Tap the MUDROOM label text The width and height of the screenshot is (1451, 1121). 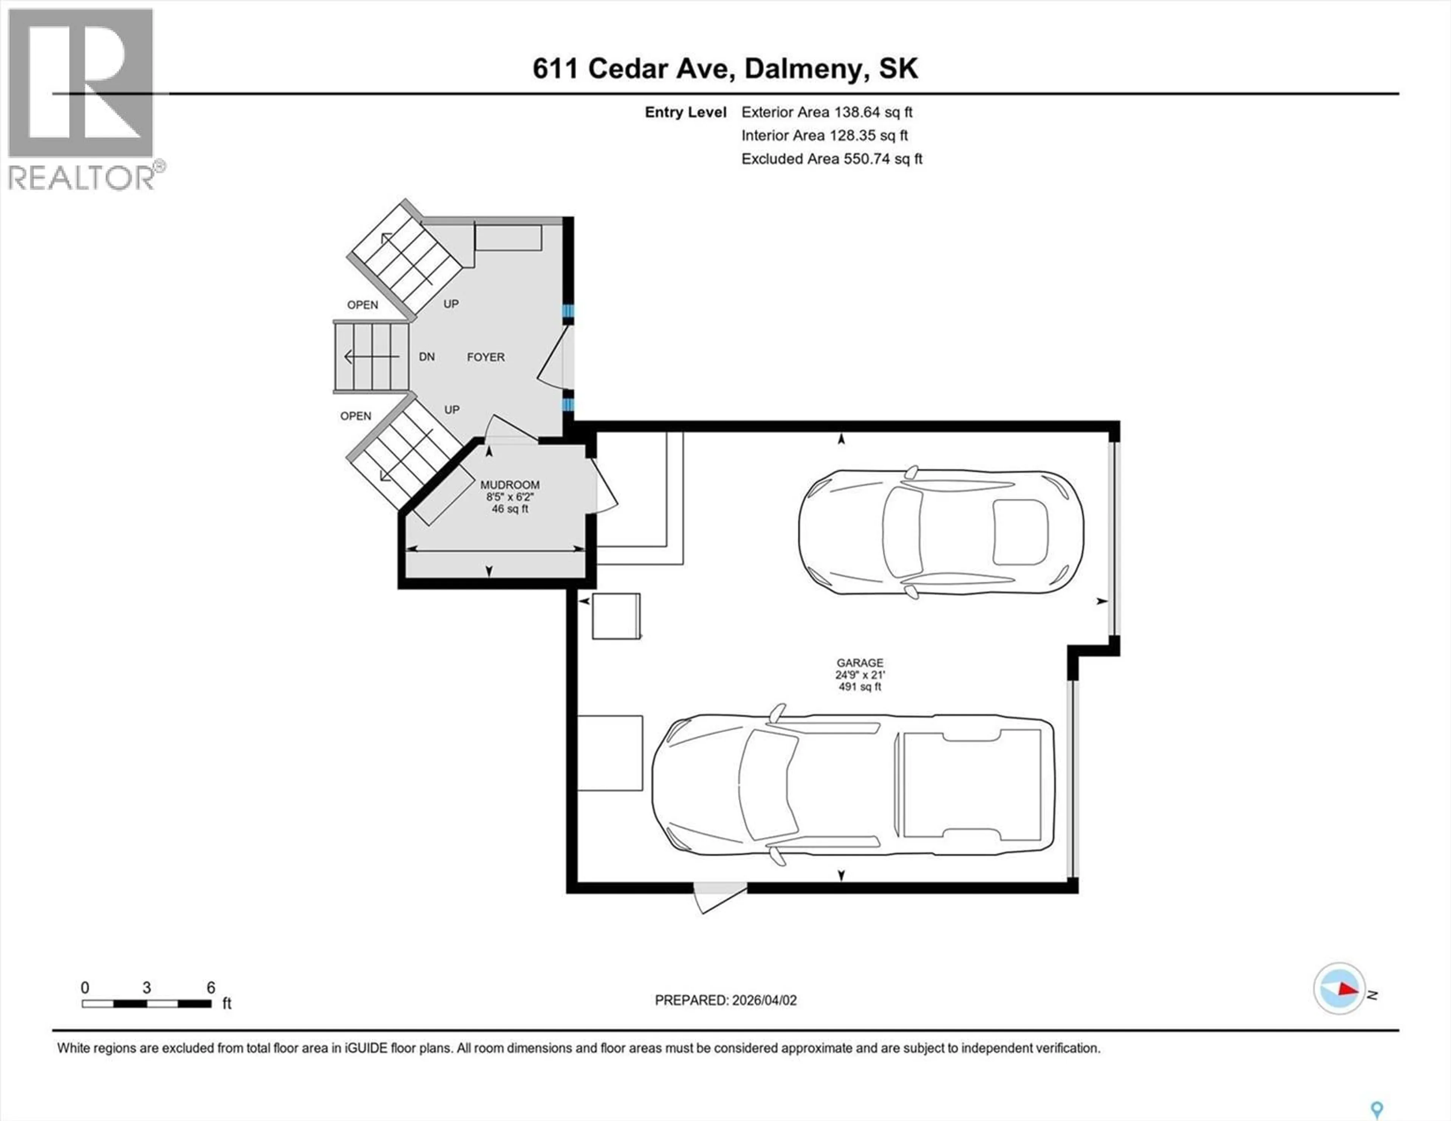(x=510, y=485)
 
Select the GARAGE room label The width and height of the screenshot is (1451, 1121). (x=860, y=662)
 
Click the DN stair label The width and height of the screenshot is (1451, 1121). (x=427, y=357)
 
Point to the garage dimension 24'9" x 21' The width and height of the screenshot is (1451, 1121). (x=860, y=674)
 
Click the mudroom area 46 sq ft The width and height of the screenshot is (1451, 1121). (x=510, y=509)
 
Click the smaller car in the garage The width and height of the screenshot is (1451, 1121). (x=941, y=532)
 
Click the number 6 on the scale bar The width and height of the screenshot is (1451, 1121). (x=210, y=987)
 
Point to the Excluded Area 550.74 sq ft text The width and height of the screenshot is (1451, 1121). (x=832, y=159)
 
